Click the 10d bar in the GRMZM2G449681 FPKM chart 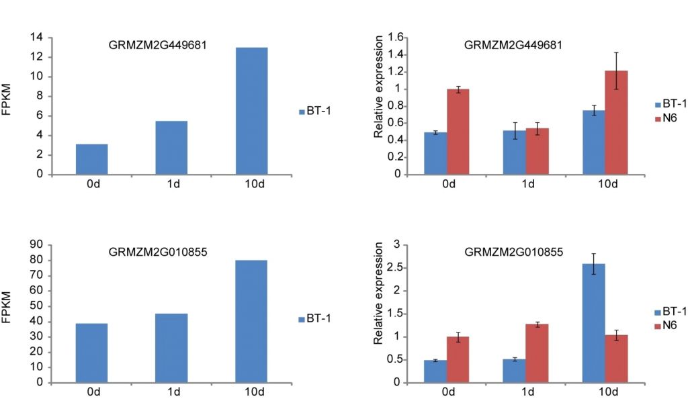pos(251,111)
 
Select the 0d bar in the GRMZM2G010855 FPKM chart pos(92,353)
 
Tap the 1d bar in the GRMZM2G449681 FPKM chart pos(171,147)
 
